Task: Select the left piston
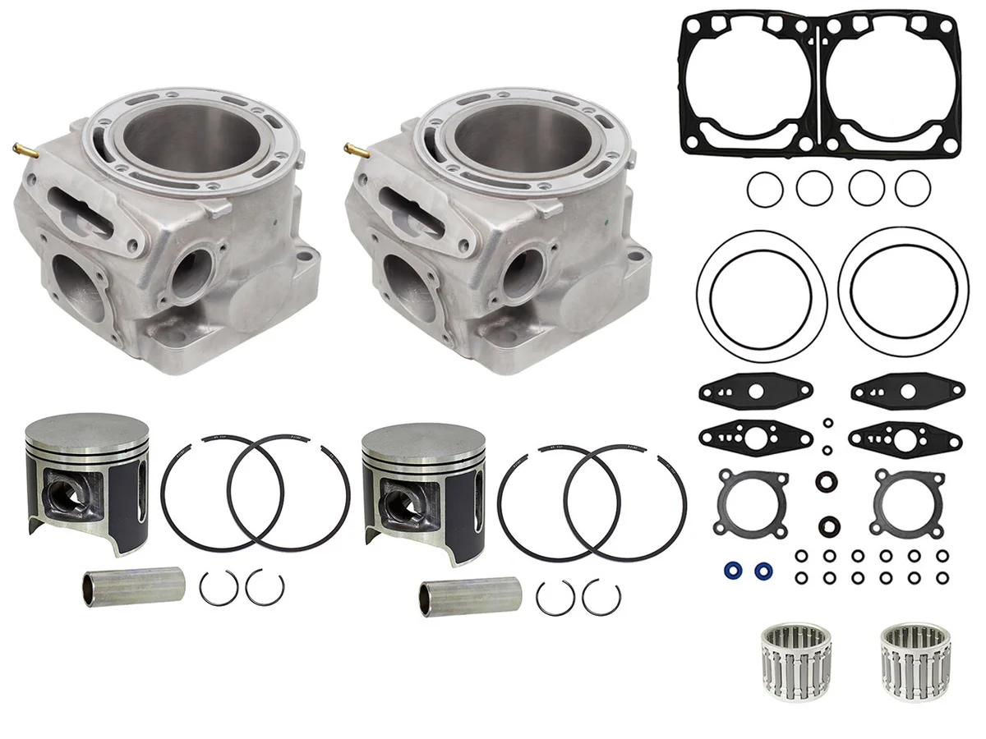(x=87, y=480)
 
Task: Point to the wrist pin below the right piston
(x=469, y=595)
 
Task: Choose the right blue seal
(x=763, y=568)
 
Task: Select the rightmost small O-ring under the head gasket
(x=912, y=190)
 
